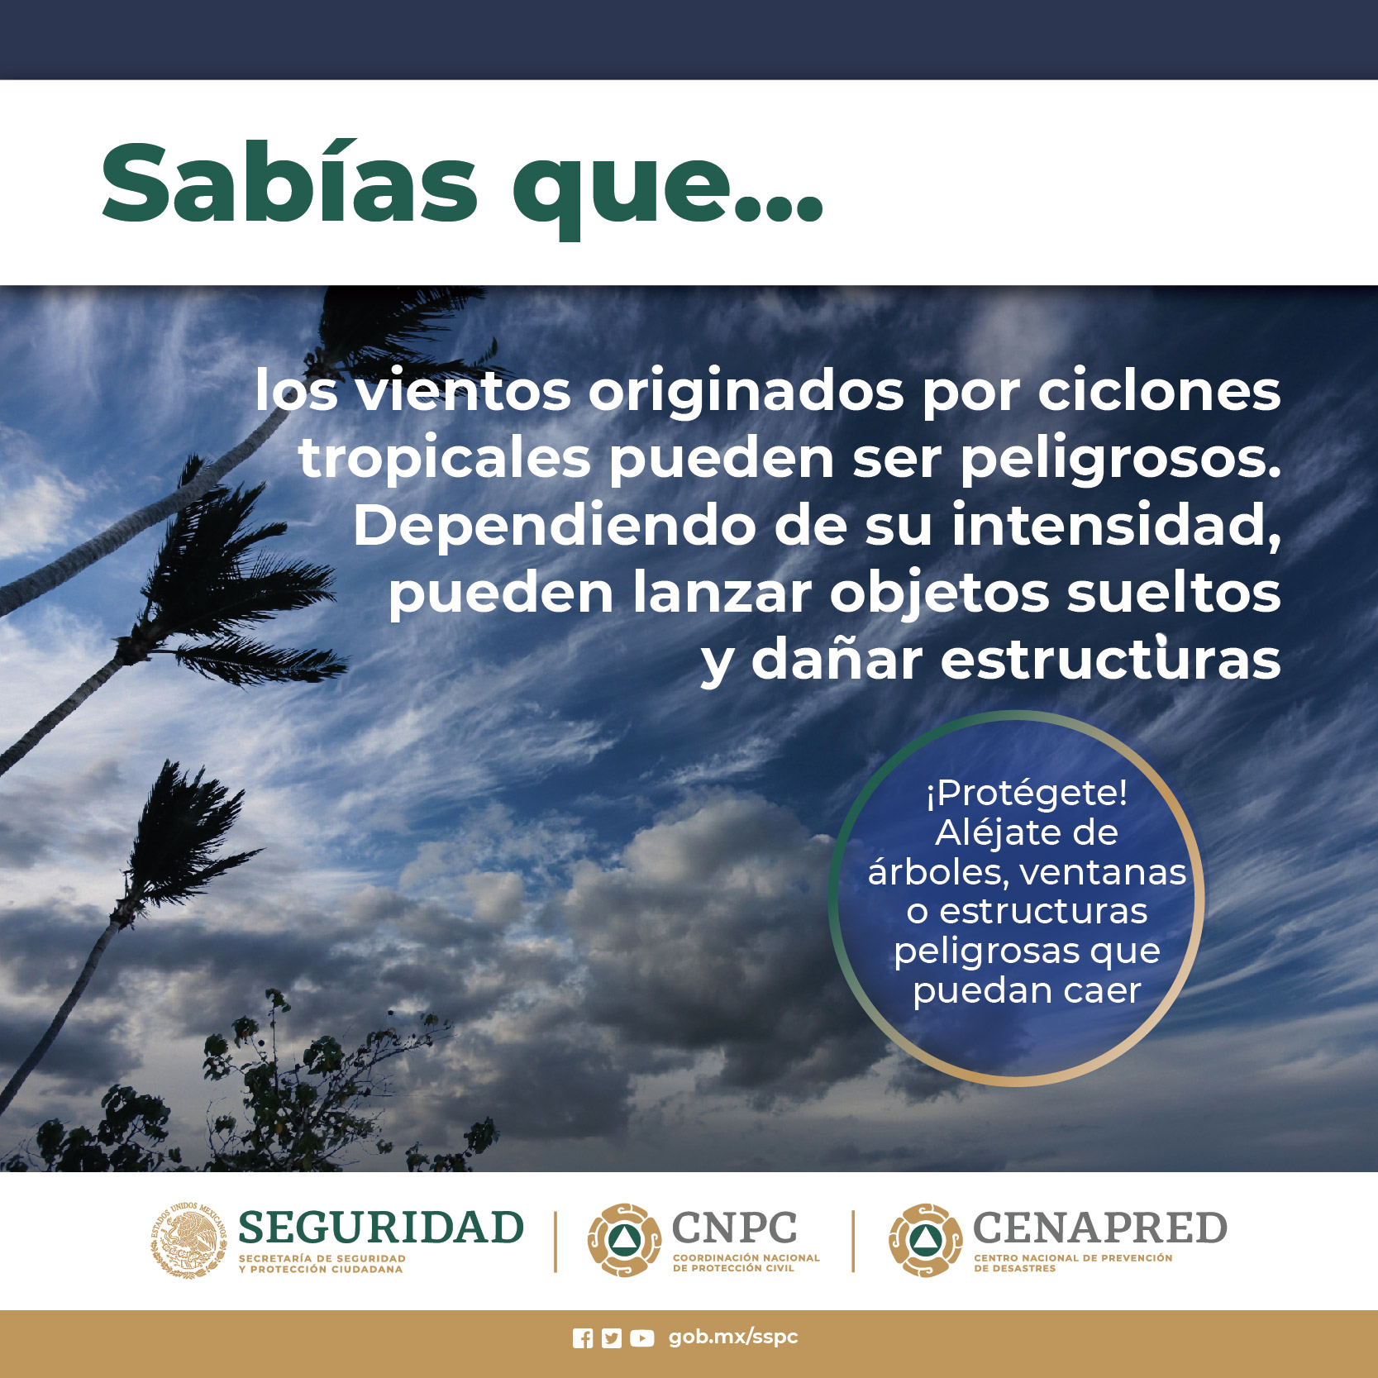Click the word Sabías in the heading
coord(289,183)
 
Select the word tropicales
coord(445,460)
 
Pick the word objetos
coord(939,594)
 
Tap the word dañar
coord(837,660)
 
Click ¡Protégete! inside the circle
coord(1027,793)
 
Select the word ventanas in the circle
coord(1103,873)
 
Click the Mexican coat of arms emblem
coord(189,1241)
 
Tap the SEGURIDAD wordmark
coord(381,1228)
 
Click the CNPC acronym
coord(735,1228)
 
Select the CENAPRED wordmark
coord(1100,1228)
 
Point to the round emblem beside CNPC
coord(624,1240)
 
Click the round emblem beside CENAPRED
coord(926,1240)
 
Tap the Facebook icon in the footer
coord(583,1338)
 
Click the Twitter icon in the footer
coord(611,1338)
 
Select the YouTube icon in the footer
coord(641,1338)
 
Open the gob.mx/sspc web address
coord(733,1337)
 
